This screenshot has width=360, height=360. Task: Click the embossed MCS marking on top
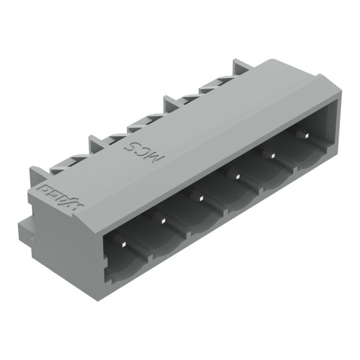(x=145, y=149)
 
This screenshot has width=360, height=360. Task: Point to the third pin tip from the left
(x=200, y=196)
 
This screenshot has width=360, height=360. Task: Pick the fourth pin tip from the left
(x=237, y=176)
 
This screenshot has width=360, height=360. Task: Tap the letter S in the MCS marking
(x=130, y=145)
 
